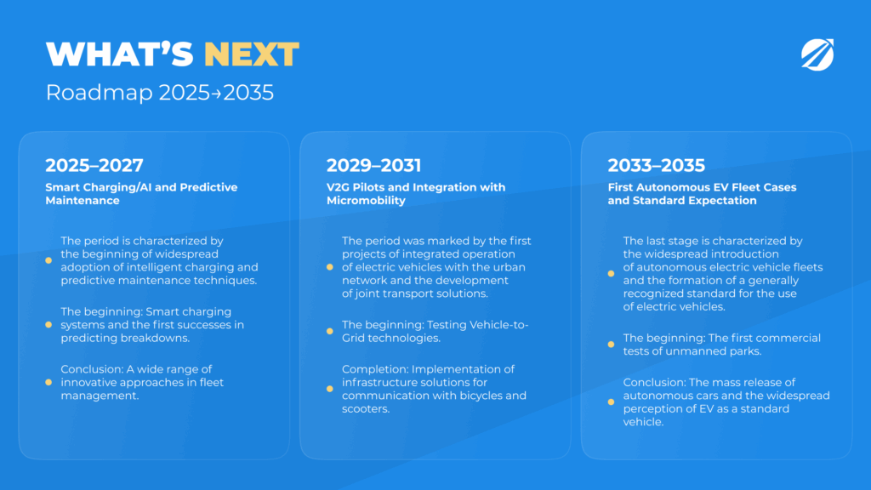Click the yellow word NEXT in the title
(252, 54)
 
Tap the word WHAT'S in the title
(119, 54)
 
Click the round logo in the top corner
(817, 54)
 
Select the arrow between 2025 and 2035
(216, 94)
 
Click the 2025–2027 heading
(94, 165)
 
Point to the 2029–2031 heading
(374, 165)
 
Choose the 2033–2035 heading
(656, 165)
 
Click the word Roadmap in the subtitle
(99, 93)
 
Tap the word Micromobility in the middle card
(366, 201)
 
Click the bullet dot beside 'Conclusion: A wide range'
(48, 382)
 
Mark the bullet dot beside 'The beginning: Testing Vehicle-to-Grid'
(330, 331)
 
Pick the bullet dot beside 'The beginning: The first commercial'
(611, 345)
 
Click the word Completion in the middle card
(375, 369)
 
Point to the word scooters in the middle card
(366, 409)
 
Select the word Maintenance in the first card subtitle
(83, 201)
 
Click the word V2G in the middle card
(338, 187)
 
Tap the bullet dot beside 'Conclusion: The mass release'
(611, 402)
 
